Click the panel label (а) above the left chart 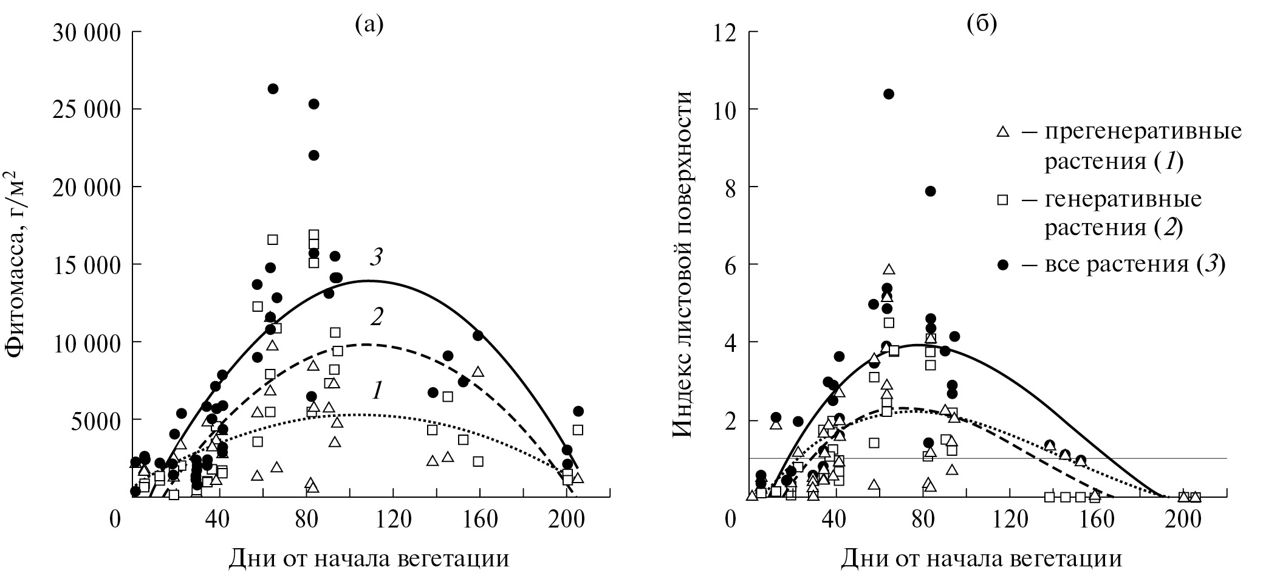[369, 25]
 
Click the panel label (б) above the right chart [982, 25]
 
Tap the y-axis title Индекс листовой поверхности [683, 264]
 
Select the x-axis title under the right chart [981, 558]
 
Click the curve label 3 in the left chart [377, 258]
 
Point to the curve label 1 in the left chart [377, 391]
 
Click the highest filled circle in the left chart [273, 89]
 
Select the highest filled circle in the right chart [889, 94]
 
